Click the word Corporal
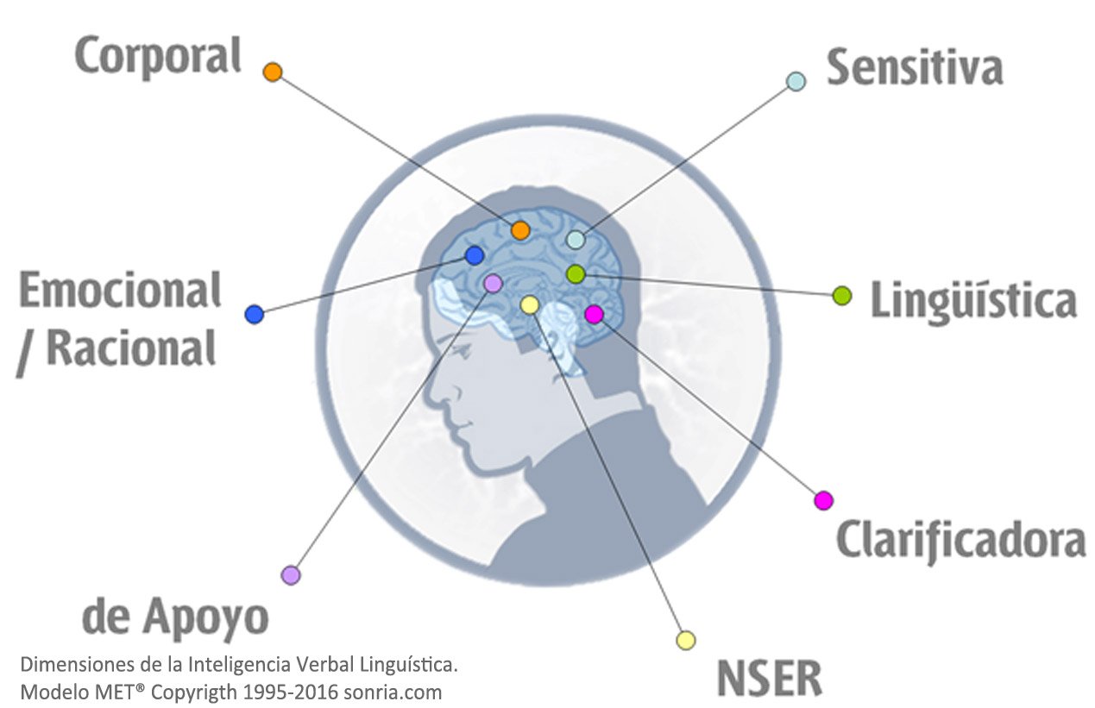tap(158, 58)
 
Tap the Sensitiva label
tap(914, 67)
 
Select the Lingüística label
tap(973, 299)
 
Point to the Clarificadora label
tap(960, 541)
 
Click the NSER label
tap(769, 679)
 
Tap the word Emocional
tap(120, 291)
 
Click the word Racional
tap(131, 348)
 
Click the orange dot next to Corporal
tap(273, 72)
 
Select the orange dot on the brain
tap(520, 230)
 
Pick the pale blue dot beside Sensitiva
tap(796, 82)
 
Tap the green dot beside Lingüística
tap(842, 296)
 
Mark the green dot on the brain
tap(576, 274)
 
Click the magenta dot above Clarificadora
tap(824, 500)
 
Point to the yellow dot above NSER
tap(686, 640)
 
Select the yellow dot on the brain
tap(530, 305)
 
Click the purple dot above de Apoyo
tap(291, 575)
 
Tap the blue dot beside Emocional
tap(255, 314)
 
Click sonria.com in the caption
tap(393, 692)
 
